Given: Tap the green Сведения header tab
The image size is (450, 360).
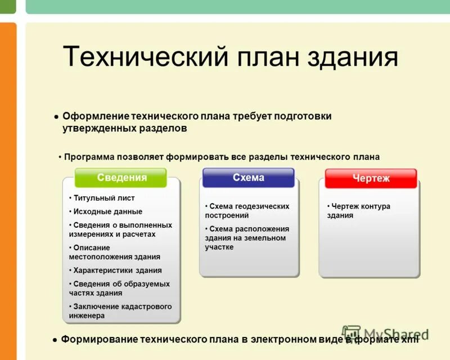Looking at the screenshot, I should tap(121, 178).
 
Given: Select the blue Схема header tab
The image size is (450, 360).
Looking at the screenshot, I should tap(248, 178).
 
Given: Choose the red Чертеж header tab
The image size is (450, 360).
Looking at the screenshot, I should tap(371, 178).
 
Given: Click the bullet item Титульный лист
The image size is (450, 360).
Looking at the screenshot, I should tap(103, 198).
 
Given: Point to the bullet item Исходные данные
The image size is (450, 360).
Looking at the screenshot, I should tap(107, 211).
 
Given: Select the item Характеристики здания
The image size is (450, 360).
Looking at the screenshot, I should tap(117, 270).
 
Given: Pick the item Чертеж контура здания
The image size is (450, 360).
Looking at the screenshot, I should tap(359, 211).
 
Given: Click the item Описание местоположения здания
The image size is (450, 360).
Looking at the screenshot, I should tap(115, 252).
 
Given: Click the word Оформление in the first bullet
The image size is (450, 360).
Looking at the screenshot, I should tap(95, 116).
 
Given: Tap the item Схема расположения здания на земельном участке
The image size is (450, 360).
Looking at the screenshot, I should tap(246, 238).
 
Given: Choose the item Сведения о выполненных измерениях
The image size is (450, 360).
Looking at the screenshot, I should tap(120, 229).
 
